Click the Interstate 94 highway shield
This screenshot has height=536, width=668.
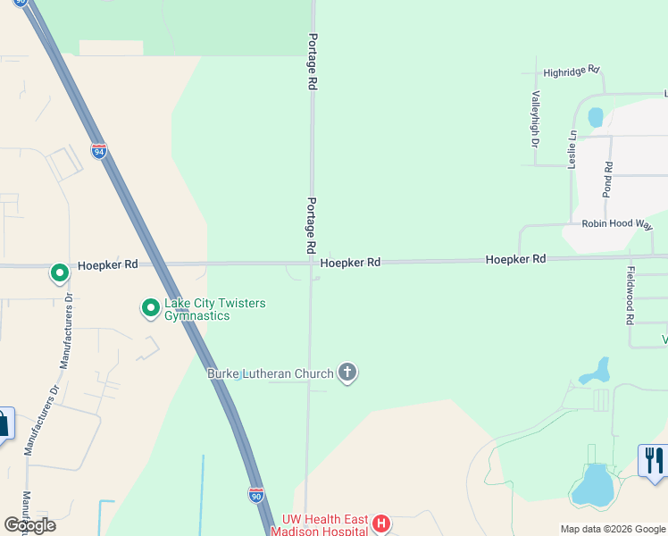point(98,151)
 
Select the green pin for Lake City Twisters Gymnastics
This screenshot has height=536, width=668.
point(151,309)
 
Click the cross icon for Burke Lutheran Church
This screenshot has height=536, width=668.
point(347,373)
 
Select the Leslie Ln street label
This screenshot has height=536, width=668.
point(572,149)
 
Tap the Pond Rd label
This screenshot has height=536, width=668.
point(608,179)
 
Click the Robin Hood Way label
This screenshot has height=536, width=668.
point(617,224)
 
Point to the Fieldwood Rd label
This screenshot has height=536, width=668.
point(630,295)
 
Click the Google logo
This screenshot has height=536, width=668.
point(29,524)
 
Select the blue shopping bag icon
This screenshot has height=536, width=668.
point(3,423)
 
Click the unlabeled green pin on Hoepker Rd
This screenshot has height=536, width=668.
point(60,272)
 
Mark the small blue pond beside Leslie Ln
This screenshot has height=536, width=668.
point(595,117)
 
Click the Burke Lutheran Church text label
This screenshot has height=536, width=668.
point(271,373)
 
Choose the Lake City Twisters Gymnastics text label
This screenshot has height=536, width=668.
point(214,309)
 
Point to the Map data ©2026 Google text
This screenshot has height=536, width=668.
point(613,529)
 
